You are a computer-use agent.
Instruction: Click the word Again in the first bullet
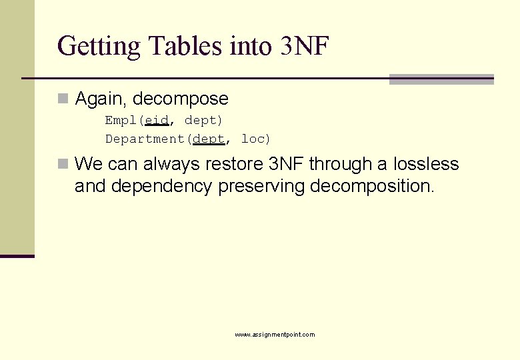pos(101,99)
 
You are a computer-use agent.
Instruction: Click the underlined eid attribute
pos(157,121)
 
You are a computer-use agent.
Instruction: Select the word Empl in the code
pos(121,121)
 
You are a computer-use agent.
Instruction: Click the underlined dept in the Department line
pos(209,139)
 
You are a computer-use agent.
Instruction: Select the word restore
pos(233,164)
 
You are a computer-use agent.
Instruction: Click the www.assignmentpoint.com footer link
pos(275,335)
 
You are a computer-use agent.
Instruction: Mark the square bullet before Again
pos(63,99)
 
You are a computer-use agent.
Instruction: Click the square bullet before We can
pos(63,164)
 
